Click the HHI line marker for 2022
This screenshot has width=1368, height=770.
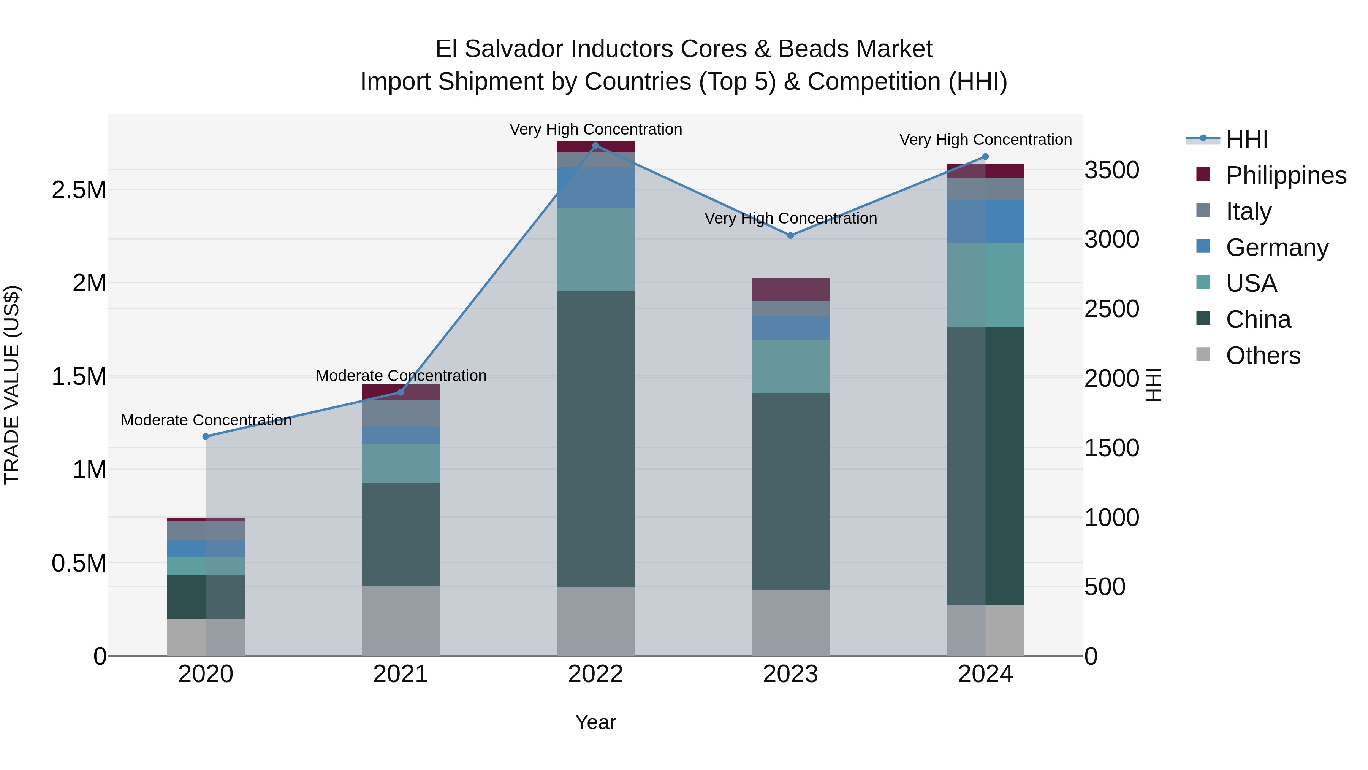click(x=595, y=145)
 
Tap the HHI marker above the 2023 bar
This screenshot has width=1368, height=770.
click(x=790, y=235)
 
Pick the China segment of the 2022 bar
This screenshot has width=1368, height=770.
click(x=595, y=438)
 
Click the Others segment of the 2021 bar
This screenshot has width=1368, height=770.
click(x=401, y=620)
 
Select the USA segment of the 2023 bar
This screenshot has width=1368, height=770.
click(x=790, y=366)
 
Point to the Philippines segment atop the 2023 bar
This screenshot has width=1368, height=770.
click(x=790, y=290)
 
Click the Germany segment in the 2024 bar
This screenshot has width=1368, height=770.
click(x=985, y=222)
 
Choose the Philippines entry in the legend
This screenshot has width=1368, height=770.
click(x=1286, y=175)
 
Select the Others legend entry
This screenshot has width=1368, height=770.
click(x=1263, y=356)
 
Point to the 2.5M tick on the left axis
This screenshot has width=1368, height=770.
click(x=79, y=190)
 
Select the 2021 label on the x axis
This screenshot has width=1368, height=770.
click(x=401, y=674)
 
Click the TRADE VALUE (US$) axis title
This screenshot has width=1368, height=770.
click(x=12, y=385)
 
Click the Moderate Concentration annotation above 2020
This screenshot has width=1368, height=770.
click(x=206, y=420)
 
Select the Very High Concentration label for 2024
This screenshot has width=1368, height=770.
click(x=985, y=140)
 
